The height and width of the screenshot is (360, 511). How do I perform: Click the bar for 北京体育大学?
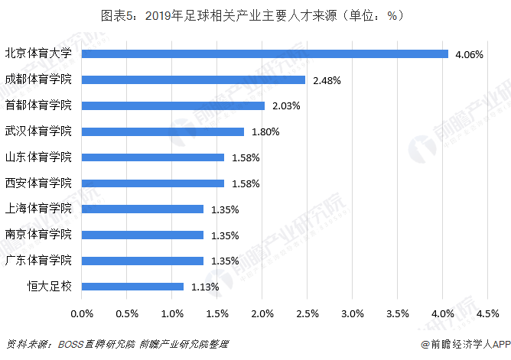pyautogui.click(x=265, y=54)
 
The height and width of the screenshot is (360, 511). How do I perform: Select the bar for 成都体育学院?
pyautogui.click(x=194, y=79)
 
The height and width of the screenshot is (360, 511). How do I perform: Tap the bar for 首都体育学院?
pyautogui.click(x=173, y=105)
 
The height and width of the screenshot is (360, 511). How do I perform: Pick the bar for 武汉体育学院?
pyautogui.click(x=163, y=131)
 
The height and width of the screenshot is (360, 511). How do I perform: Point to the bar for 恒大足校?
pyautogui.click(x=132, y=287)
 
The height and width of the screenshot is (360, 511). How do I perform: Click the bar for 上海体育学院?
pyautogui.click(x=142, y=209)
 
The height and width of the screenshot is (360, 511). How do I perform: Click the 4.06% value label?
pyautogui.click(x=468, y=54)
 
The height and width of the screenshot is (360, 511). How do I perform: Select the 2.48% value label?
pyautogui.click(x=326, y=80)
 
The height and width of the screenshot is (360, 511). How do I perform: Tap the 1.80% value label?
pyautogui.click(x=265, y=131)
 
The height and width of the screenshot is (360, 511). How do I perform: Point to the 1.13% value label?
pyautogui.click(x=205, y=287)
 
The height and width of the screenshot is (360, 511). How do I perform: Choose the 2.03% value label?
pyautogui.click(x=285, y=105)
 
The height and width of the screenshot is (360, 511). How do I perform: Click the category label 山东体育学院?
pyautogui.click(x=38, y=157)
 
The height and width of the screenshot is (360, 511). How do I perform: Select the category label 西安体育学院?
pyautogui.click(x=38, y=183)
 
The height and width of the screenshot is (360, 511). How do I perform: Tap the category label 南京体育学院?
pyautogui.click(x=38, y=235)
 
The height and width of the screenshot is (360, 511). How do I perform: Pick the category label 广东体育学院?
pyautogui.click(x=38, y=261)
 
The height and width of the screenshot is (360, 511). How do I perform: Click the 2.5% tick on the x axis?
pyautogui.click(x=308, y=313)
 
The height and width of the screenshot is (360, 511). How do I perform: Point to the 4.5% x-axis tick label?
pyautogui.click(x=488, y=313)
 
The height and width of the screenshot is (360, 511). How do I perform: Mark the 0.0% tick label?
pyautogui.click(x=82, y=313)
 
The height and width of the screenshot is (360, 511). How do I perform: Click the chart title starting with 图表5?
pyautogui.click(x=255, y=15)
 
